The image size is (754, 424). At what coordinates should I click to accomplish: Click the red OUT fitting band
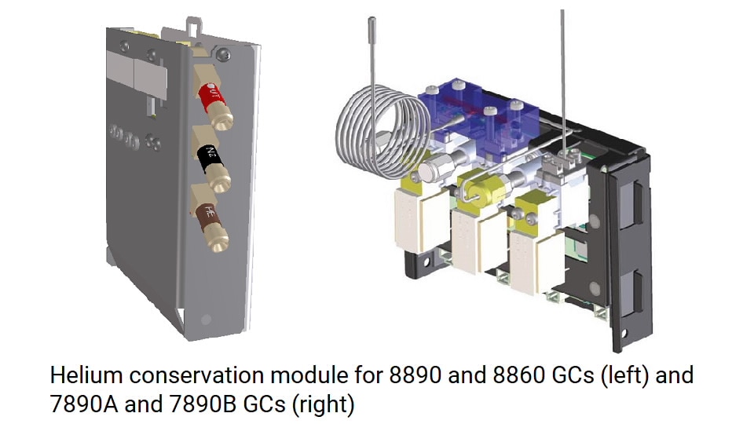[x=212, y=96]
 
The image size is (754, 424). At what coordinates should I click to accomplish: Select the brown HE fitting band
[x=208, y=216]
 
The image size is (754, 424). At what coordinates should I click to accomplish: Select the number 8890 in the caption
[x=415, y=375]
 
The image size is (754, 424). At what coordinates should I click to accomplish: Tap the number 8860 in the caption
[x=518, y=375]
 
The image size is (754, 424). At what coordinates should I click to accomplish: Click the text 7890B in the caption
[x=203, y=404]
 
